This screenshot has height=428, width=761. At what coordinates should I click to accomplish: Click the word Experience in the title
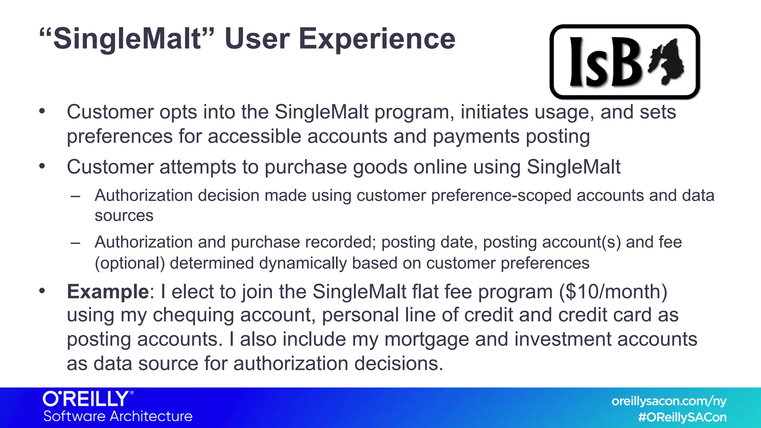377,39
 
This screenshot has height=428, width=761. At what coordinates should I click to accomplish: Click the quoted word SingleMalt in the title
126,39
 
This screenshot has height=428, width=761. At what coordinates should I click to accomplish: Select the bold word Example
108,292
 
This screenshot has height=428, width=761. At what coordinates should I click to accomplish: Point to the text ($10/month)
613,292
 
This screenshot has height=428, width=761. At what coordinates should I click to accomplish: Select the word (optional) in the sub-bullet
130,263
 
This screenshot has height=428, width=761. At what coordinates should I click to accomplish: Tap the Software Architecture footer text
118,416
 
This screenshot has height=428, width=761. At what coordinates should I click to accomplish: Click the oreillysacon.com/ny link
668,401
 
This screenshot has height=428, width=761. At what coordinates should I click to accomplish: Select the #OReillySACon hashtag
682,417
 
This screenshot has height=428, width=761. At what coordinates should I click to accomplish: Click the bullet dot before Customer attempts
42,166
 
